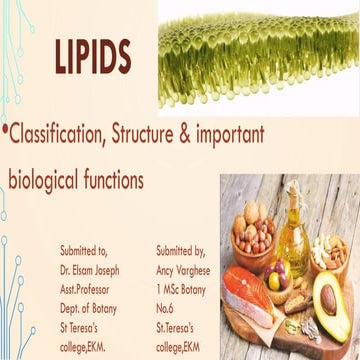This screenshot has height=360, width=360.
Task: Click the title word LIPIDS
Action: (92, 59)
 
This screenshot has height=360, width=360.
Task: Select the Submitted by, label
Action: (184, 244)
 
